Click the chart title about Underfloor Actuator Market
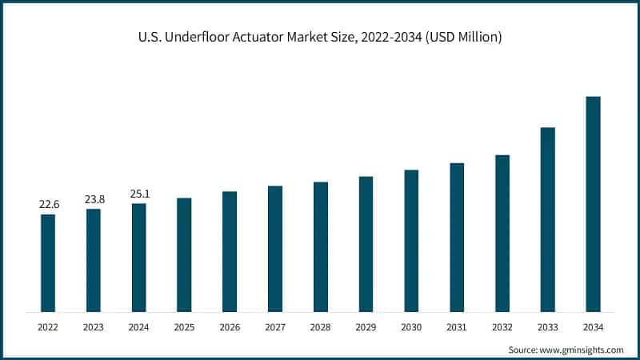319,38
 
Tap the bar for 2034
593,204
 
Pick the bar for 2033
547,219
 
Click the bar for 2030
411,241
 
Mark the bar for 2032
502,233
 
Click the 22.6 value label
48,206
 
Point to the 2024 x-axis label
139,327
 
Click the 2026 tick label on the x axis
230,327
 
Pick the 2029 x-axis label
366,327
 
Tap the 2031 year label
457,327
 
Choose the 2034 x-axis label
593,327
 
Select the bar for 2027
275,249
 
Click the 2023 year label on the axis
94,327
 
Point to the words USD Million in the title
463,38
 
